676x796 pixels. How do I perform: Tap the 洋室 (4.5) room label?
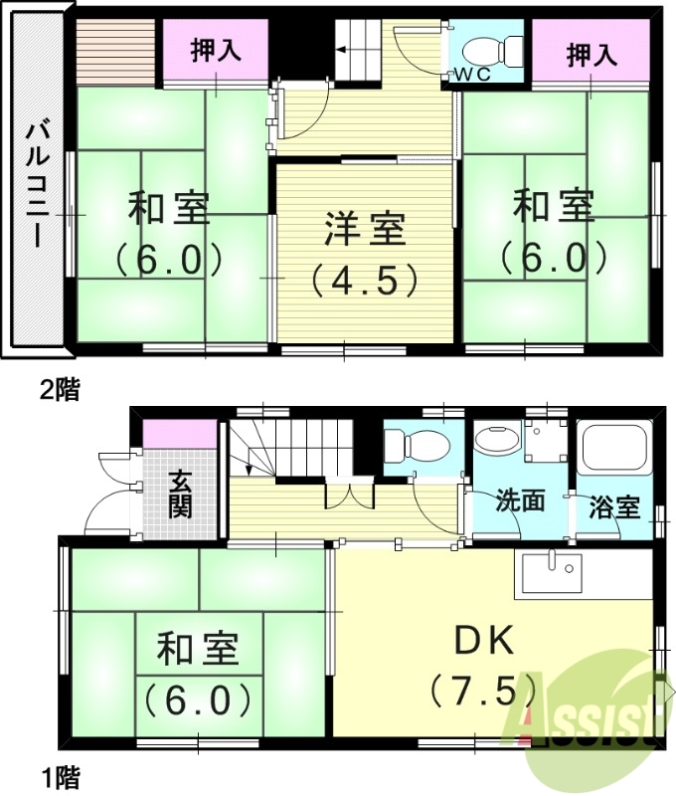pos(364,255)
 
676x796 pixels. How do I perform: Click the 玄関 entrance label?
pos(180,494)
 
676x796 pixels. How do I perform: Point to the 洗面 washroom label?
pos(521,500)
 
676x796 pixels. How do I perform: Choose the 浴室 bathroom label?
pos(613,505)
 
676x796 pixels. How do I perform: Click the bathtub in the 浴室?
pos(614,445)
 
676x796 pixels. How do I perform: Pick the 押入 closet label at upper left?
pos(216,51)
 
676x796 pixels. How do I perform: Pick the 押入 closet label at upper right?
pos(591,54)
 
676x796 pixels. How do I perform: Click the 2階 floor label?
pos(59,389)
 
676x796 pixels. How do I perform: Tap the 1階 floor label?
pos(60,774)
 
